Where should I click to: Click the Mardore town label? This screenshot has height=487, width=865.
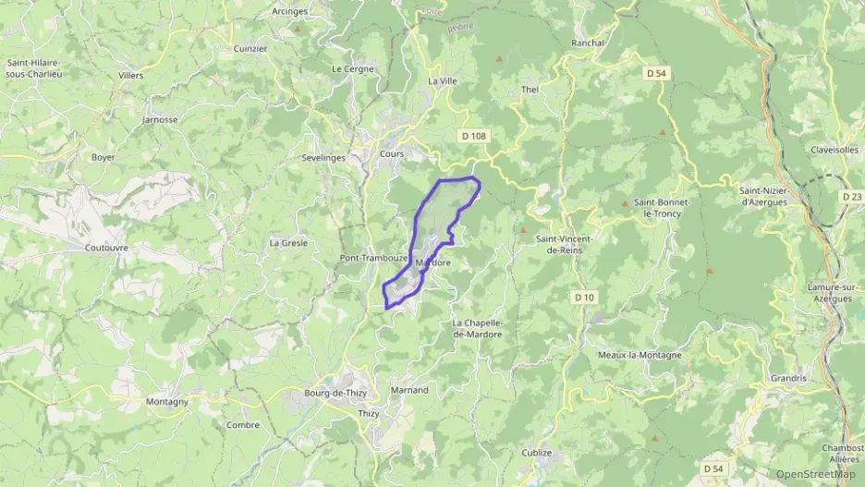pyautogui.click(x=433, y=263)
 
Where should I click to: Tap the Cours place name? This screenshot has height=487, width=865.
pyautogui.click(x=392, y=154)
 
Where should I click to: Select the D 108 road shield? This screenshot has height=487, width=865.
pyautogui.click(x=472, y=136)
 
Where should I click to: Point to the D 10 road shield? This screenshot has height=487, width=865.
pyautogui.click(x=583, y=297)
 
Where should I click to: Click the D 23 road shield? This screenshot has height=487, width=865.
pyautogui.click(x=852, y=196)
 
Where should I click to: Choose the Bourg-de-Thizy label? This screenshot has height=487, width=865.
pyautogui.click(x=336, y=394)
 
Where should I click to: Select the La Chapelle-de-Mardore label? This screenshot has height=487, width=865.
pyautogui.click(x=477, y=328)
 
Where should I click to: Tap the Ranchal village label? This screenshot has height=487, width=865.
pyautogui.click(x=588, y=43)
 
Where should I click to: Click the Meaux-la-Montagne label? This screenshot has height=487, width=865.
pyautogui.click(x=640, y=355)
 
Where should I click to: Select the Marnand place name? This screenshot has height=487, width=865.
pyautogui.click(x=410, y=390)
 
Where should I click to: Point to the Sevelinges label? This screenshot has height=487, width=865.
pyautogui.click(x=323, y=158)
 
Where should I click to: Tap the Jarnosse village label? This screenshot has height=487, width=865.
pyautogui.click(x=160, y=120)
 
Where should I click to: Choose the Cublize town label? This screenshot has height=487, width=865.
pyautogui.click(x=536, y=453)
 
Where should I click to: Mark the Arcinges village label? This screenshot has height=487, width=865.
pyautogui.click(x=289, y=11)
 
